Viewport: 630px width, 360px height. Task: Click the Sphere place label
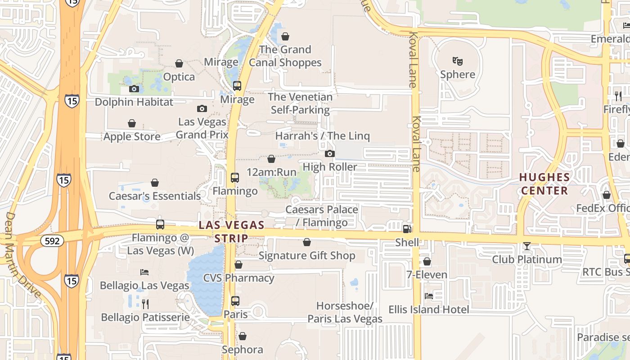(458, 74)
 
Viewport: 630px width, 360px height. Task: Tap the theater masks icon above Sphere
(458, 61)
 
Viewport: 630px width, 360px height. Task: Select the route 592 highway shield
(52, 241)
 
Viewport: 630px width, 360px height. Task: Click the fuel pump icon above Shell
(407, 229)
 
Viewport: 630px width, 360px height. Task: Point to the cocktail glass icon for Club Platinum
(526, 246)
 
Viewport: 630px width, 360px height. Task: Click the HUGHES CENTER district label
(544, 184)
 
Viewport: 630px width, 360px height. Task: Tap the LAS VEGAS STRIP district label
(231, 231)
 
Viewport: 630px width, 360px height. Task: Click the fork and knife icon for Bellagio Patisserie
(145, 304)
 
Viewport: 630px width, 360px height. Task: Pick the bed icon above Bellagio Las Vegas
(144, 272)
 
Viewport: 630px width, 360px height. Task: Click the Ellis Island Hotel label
(429, 310)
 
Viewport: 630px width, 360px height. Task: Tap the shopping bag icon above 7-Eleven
(427, 261)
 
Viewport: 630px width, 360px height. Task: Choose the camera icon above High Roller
(330, 154)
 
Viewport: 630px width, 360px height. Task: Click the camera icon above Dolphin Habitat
(134, 89)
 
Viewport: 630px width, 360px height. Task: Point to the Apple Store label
(132, 136)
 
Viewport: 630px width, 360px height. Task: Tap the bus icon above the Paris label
(235, 301)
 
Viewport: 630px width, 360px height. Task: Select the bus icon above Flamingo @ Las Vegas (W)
(160, 224)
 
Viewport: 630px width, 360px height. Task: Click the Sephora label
(242, 350)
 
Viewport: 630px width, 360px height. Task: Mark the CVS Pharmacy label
(238, 278)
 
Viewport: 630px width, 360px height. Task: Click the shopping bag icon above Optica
(179, 64)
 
